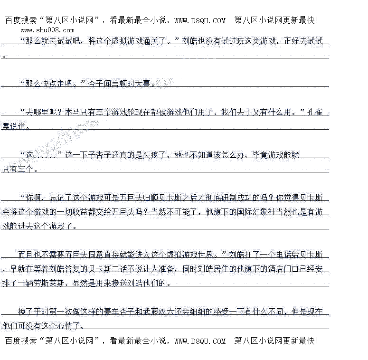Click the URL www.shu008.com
point(47,30)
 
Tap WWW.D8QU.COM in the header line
point(200,20)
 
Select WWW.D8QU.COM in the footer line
point(200,341)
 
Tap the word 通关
point(149,41)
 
